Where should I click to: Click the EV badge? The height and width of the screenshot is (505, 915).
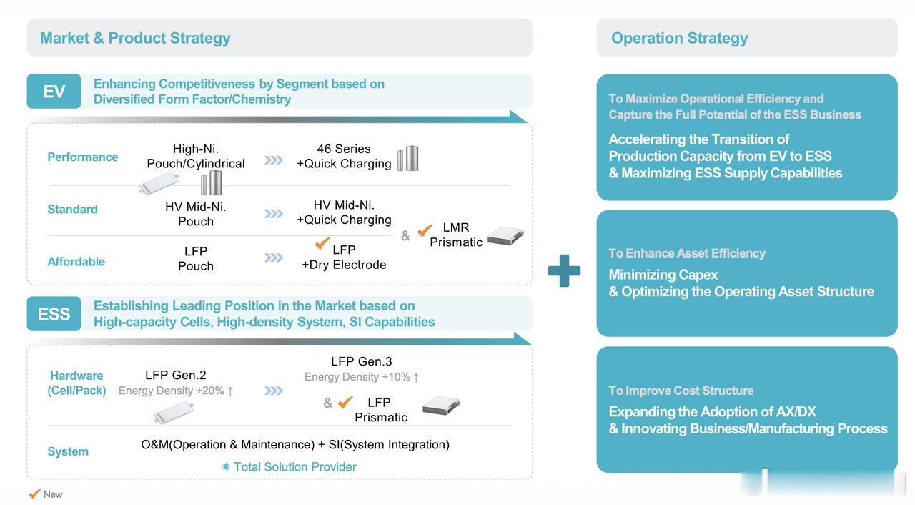point(54,92)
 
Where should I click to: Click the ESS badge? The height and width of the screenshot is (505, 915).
point(54,314)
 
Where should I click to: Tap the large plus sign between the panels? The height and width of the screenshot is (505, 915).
point(564,271)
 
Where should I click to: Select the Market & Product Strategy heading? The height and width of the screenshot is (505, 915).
point(135,38)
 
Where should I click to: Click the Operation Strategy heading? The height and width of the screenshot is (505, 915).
point(679,38)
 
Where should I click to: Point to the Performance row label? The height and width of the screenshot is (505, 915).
point(82,157)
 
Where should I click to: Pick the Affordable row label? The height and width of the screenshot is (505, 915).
point(76,261)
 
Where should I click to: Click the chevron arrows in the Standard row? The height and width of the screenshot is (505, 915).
point(273,213)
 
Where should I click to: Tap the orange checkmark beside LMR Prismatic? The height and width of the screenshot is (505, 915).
point(425,230)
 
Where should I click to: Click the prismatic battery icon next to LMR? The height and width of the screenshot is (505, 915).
point(505,236)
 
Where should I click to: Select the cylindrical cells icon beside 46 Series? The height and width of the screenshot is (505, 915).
point(408,158)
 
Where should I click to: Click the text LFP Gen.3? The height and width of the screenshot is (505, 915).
point(361,361)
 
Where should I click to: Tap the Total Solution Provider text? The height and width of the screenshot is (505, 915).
point(295,466)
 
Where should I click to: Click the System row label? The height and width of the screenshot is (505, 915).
point(68,451)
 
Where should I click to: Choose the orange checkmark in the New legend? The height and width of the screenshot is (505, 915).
point(34,494)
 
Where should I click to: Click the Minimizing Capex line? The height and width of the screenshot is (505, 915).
point(663,274)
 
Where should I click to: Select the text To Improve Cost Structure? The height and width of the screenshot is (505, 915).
point(681,390)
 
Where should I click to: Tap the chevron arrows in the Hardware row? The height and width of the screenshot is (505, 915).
point(273,391)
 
